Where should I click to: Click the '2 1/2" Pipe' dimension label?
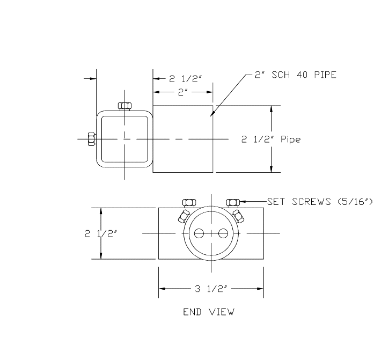tap(270, 139)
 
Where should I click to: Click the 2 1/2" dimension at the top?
tap(186, 78)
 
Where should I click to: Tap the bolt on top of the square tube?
tap(124, 106)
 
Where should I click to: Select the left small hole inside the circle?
tap(199, 233)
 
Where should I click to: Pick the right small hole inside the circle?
tap(223, 233)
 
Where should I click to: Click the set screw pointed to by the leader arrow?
tap(232, 202)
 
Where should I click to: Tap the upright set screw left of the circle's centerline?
tap(189, 202)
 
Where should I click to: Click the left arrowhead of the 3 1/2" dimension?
tap(160, 289)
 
